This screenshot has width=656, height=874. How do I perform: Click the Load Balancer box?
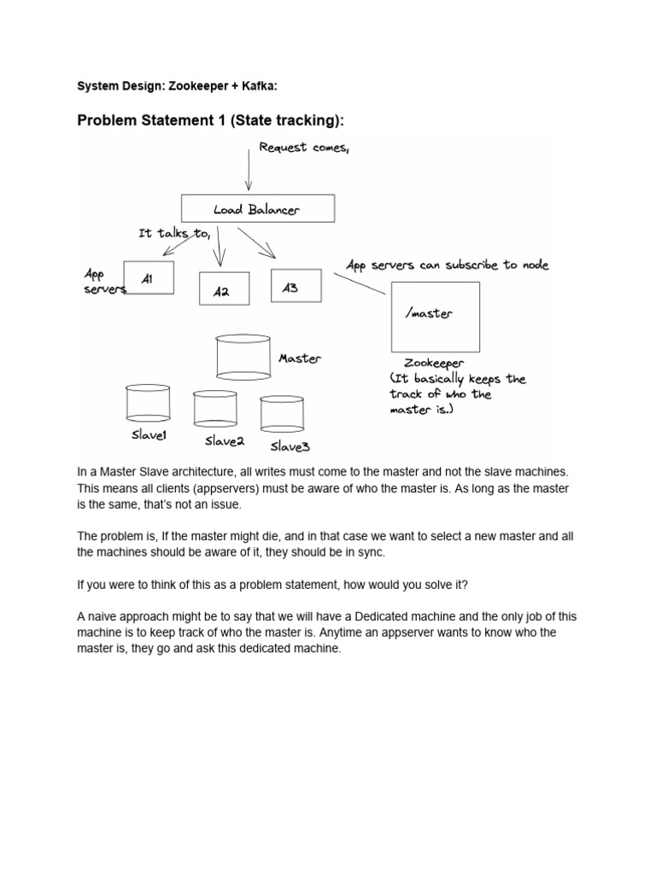[x=257, y=208]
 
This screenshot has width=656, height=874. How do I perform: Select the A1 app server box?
[x=149, y=278]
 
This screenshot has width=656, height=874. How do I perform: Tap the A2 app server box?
[x=224, y=289]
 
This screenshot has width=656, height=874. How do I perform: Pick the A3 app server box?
[x=296, y=286]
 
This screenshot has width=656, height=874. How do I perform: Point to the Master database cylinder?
[x=243, y=357]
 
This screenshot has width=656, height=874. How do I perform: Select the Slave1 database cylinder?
[x=148, y=403]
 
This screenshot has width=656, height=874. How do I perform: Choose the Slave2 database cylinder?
[x=215, y=409]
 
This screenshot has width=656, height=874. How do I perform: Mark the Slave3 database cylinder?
[x=282, y=413]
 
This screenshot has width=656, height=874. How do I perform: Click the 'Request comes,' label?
[x=304, y=148]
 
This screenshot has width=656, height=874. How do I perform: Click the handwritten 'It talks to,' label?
[x=174, y=233]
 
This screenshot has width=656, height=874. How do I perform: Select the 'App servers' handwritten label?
[x=102, y=282]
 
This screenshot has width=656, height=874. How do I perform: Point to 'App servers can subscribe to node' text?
[x=447, y=265]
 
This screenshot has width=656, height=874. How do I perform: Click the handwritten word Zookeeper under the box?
[x=434, y=363]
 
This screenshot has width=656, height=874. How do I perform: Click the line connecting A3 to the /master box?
[x=359, y=284]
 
